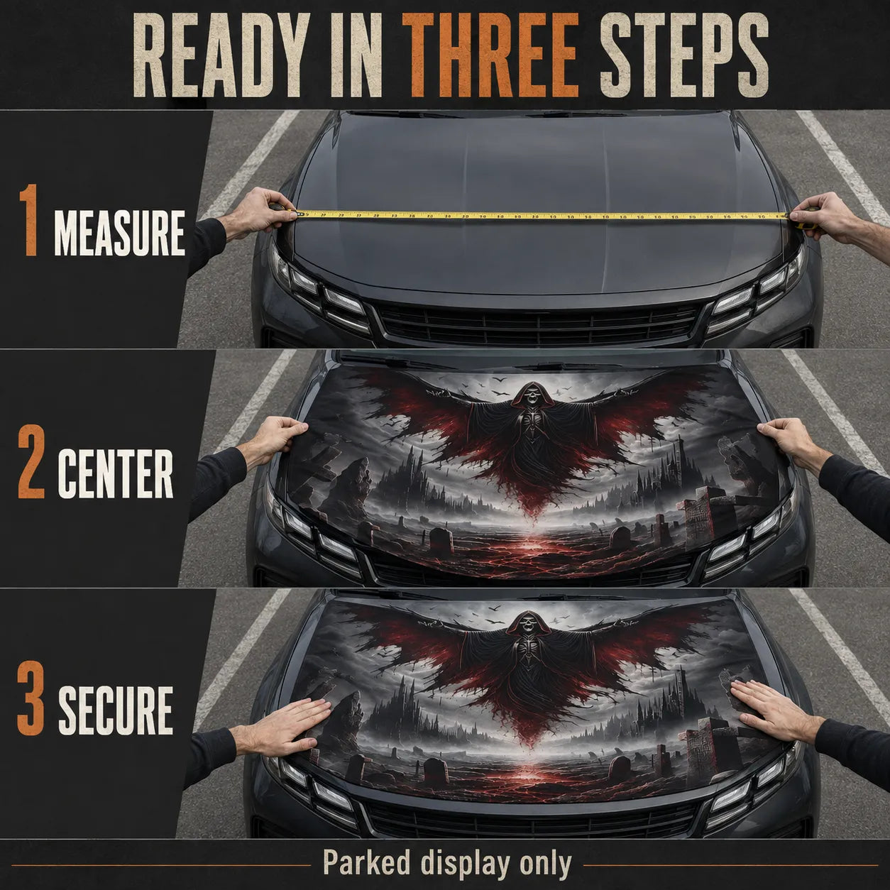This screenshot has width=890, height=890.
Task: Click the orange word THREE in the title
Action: coord(490,55)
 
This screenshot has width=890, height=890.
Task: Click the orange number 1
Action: coord(28,219)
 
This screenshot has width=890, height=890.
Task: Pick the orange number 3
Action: coord(31,698)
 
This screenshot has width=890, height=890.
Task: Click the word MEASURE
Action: coord(120,234)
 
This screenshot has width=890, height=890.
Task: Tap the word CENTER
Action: coord(115,474)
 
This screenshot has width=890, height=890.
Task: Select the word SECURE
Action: coord(116,711)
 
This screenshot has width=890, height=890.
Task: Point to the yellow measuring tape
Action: coord(540,215)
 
